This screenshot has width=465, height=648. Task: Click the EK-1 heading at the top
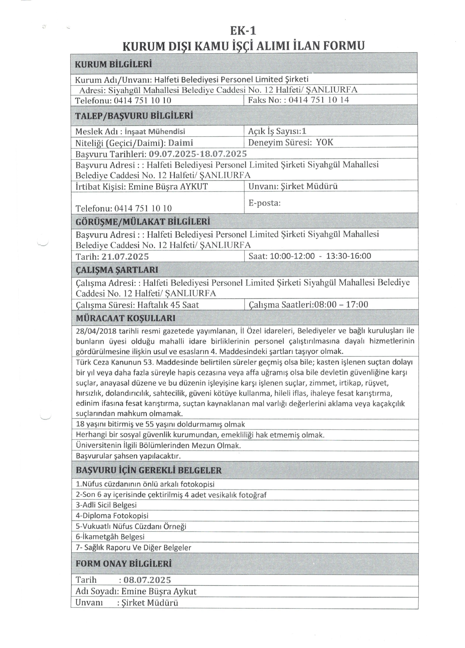(x=243, y=31)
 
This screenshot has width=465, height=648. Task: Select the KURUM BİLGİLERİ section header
(x=113, y=64)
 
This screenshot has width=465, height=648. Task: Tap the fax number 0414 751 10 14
(x=319, y=100)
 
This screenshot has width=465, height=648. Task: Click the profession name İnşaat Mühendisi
(x=155, y=132)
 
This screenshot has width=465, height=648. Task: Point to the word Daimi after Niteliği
(x=181, y=143)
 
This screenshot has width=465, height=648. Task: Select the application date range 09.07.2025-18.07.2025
(x=198, y=154)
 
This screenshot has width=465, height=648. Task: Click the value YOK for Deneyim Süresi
(x=325, y=142)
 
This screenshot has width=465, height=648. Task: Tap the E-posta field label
(x=264, y=203)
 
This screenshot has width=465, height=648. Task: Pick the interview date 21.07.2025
(x=125, y=256)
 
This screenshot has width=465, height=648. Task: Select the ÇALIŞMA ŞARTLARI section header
(x=117, y=270)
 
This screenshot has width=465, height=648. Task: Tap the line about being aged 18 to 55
(x=160, y=424)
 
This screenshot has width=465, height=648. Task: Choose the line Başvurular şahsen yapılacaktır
(x=128, y=456)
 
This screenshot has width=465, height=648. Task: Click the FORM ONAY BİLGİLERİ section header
(x=124, y=564)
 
